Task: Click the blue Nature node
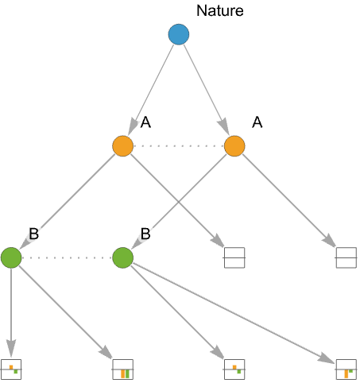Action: pyautogui.click(x=179, y=34)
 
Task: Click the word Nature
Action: pyautogui.click(x=220, y=11)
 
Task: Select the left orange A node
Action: pyautogui.click(x=122, y=146)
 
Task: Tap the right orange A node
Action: pyautogui.click(x=234, y=146)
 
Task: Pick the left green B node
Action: pyautogui.click(x=11, y=257)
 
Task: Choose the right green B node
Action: pyautogui.click(x=122, y=257)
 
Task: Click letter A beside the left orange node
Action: pyautogui.click(x=145, y=122)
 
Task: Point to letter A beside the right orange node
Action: pyautogui.click(x=257, y=122)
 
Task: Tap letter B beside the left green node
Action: pyautogui.click(x=34, y=234)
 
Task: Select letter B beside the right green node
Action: pyautogui.click(x=145, y=234)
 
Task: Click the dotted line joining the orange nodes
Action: pyautogui.click(x=179, y=146)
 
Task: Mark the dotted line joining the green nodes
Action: pyautogui.click(x=67, y=257)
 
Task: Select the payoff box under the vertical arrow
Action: pyautogui.click(x=11, y=369)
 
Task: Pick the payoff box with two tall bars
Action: pyautogui.click(x=123, y=369)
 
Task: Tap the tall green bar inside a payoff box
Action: pyautogui.click(x=127, y=373)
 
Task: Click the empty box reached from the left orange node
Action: pyautogui.click(x=234, y=257)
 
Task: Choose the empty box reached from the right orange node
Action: pyautogui.click(x=346, y=257)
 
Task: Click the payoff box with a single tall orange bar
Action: pyautogui.click(x=346, y=369)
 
